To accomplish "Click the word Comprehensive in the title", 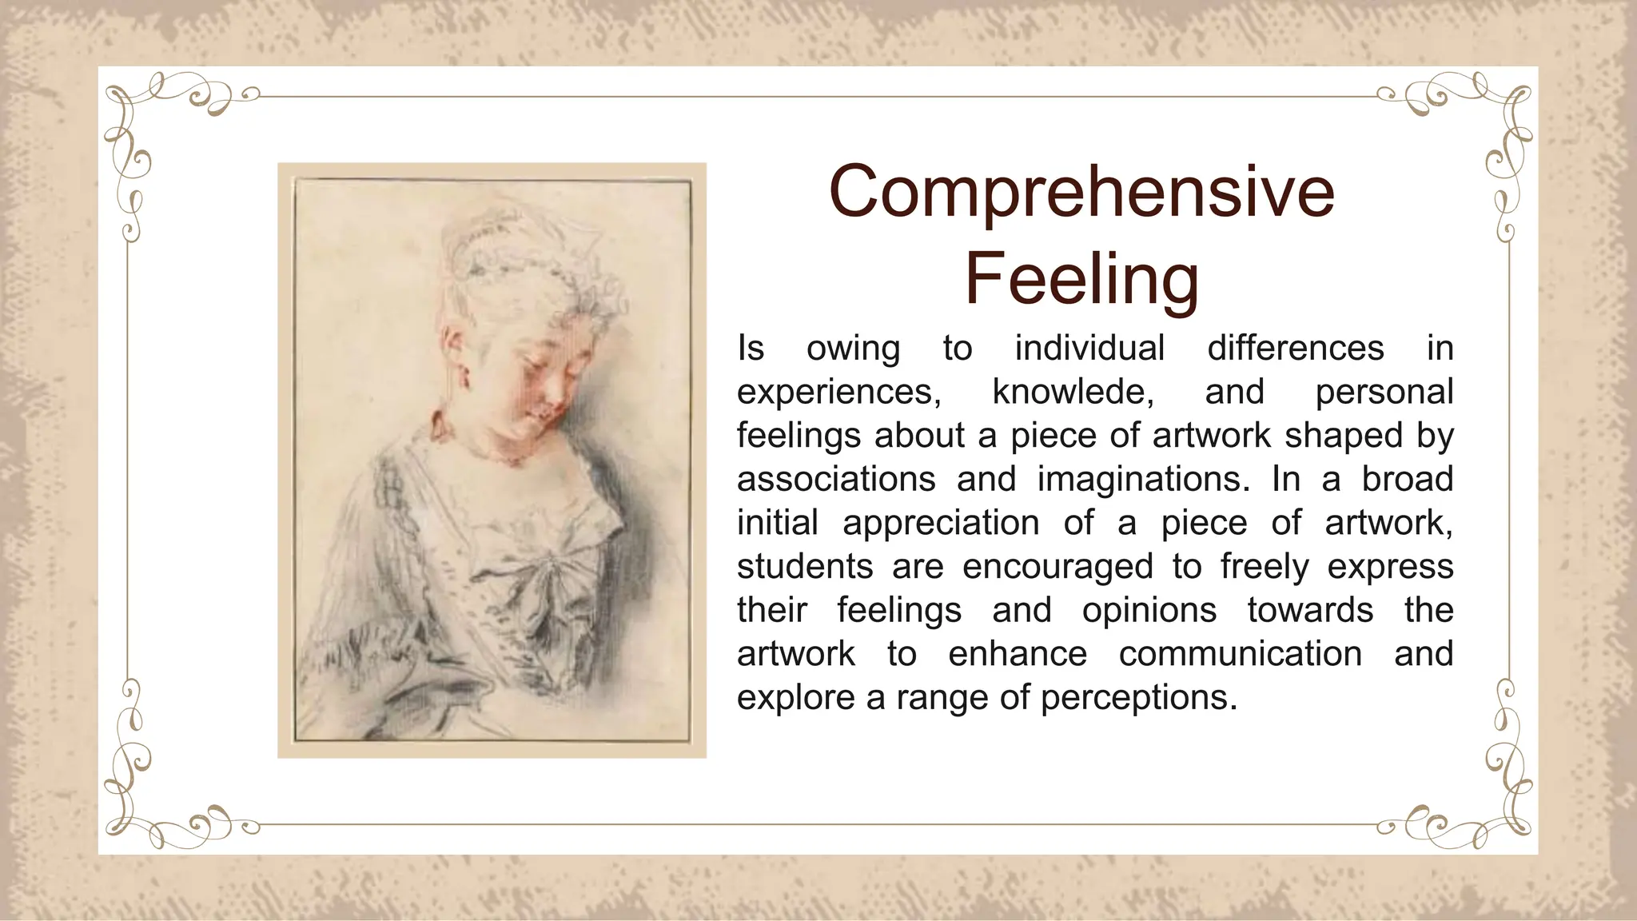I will coord(1081,192).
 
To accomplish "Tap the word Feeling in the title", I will coord(1081,278).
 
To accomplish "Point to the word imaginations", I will coord(1143,480).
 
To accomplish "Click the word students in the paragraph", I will coord(805,567).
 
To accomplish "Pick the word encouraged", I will coord(1057,567).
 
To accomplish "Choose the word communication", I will coord(1240,654).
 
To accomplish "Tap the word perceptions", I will coord(1138,698).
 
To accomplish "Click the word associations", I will coord(836,480).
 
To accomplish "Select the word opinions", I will coord(1149,611).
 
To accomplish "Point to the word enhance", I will coord(1017,654).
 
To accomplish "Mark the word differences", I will coord(1295,349).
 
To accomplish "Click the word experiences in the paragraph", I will coord(838,393).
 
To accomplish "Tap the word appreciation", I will coord(941,524).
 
